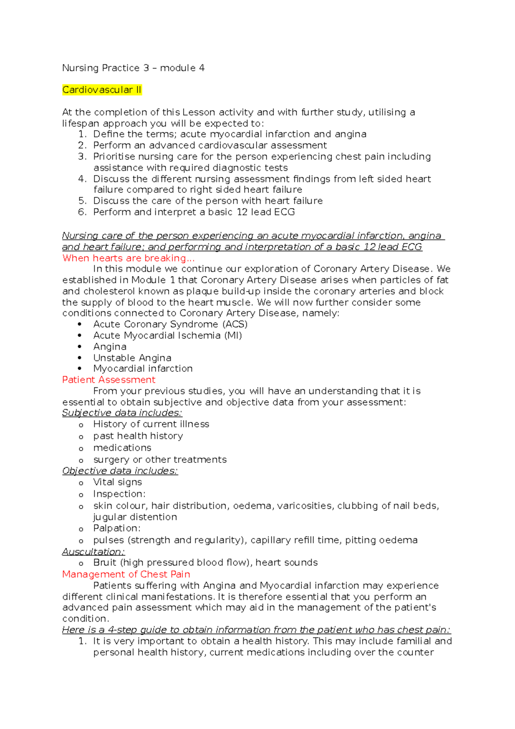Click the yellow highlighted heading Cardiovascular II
(x=102, y=90)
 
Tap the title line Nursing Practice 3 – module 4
(x=133, y=68)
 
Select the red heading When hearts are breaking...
(x=128, y=258)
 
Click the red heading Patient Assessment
(x=109, y=380)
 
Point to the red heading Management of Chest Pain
(x=126, y=574)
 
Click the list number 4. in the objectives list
(x=82, y=179)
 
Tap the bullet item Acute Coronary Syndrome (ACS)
(x=170, y=324)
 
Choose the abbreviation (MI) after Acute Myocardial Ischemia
(x=233, y=335)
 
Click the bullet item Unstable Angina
(x=132, y=358)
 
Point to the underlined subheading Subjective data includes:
(x=122, y=413)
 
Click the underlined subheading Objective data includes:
(x=120, y=471)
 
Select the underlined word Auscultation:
(x=93, y=552)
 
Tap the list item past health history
(x=138, y=436)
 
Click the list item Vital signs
(x=117, y=482)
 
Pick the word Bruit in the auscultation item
(x=105, y=563)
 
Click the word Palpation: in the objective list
(x=117, y=529)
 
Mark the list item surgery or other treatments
(x=160, y=460)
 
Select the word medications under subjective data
(x=122, y=448)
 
